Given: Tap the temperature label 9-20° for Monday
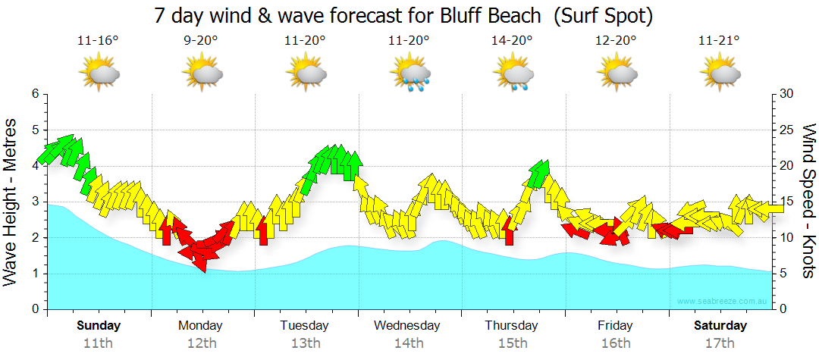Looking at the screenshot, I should coord(202,40).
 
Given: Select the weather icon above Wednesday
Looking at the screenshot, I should coord(410,74).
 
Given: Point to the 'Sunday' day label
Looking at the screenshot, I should coord(99,326).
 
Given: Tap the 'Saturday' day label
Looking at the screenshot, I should coord(720,326).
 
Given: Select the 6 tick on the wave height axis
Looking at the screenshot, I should coord(34,94).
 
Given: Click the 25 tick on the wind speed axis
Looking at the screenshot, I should coord(786,130).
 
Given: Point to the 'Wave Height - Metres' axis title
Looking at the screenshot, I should coord(11,201).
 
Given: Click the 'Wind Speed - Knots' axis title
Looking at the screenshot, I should coord(808,201).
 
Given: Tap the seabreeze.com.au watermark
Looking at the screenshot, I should coord(723,302).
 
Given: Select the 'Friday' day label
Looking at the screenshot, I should coord(615,326).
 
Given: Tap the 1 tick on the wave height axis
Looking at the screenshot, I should coord(34,274).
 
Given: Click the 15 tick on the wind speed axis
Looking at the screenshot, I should coord(786,202).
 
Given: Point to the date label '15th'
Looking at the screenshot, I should coord(513,343).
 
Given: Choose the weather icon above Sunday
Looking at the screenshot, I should coord(99,74).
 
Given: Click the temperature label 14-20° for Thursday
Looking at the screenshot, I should coord(513,40).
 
